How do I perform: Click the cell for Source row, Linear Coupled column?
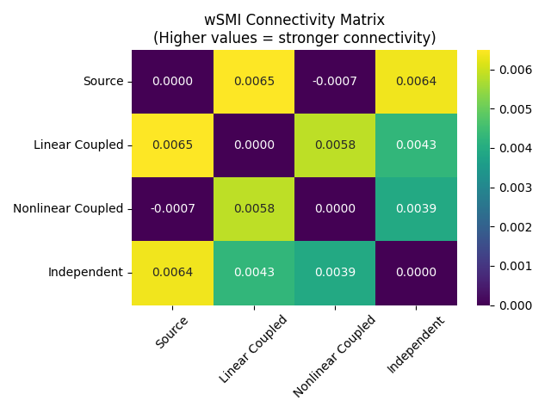click(254, 82)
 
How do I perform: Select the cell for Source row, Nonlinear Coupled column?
click(335, 82)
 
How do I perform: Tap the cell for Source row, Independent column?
click(417, 82)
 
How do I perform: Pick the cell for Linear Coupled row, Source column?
click(172, 145)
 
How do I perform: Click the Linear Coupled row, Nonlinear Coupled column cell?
click(335, 145)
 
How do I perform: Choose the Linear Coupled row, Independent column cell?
click(417, 145)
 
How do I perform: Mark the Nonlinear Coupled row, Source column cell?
click(172, 209)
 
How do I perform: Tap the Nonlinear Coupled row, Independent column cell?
click(417, 209)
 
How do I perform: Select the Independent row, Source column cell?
click(172, 273)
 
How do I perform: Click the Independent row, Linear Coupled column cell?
click(254, 273)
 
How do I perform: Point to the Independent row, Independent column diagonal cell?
click(417, 273)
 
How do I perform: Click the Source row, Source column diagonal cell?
click(172, 82)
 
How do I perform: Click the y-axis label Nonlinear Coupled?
click(68, 209)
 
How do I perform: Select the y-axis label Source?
click(103, 82)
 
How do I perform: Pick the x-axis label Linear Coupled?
click(253, 348)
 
